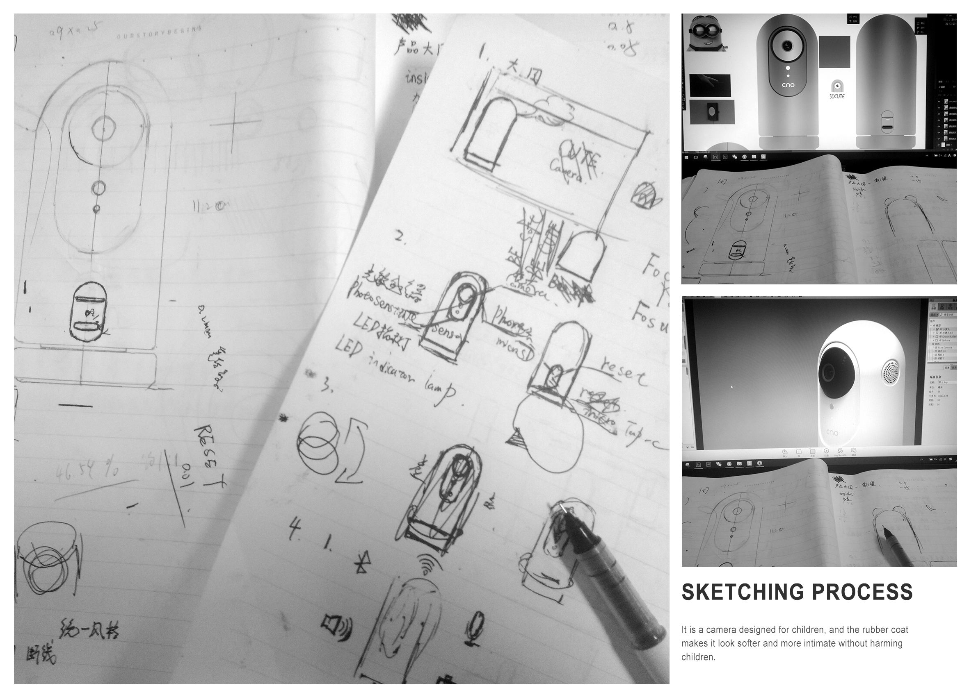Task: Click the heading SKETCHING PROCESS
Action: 797,593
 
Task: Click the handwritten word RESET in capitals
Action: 210,455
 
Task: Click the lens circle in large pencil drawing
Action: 104,127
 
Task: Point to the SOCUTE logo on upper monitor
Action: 837,90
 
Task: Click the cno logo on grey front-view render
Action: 788,85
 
